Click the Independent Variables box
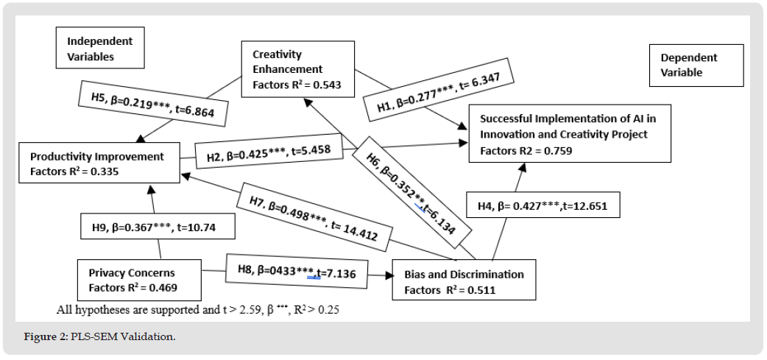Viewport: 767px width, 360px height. (x=100, y=49)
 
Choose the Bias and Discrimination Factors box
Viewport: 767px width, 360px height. (x=464, y=281)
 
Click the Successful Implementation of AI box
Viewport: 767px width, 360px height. (x=569, y=133)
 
